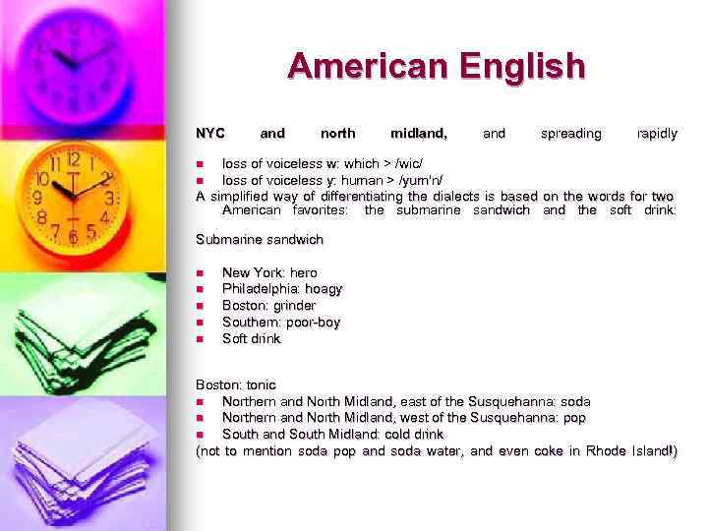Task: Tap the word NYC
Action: (210, 133)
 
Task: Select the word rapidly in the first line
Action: (657, 133)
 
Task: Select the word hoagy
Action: (323, 289)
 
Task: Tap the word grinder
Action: (295, 306)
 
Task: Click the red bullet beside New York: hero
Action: (201, 273)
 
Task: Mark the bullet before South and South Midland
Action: (201, 434)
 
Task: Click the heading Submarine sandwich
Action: (260, 239)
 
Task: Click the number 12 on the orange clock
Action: (74, 158)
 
